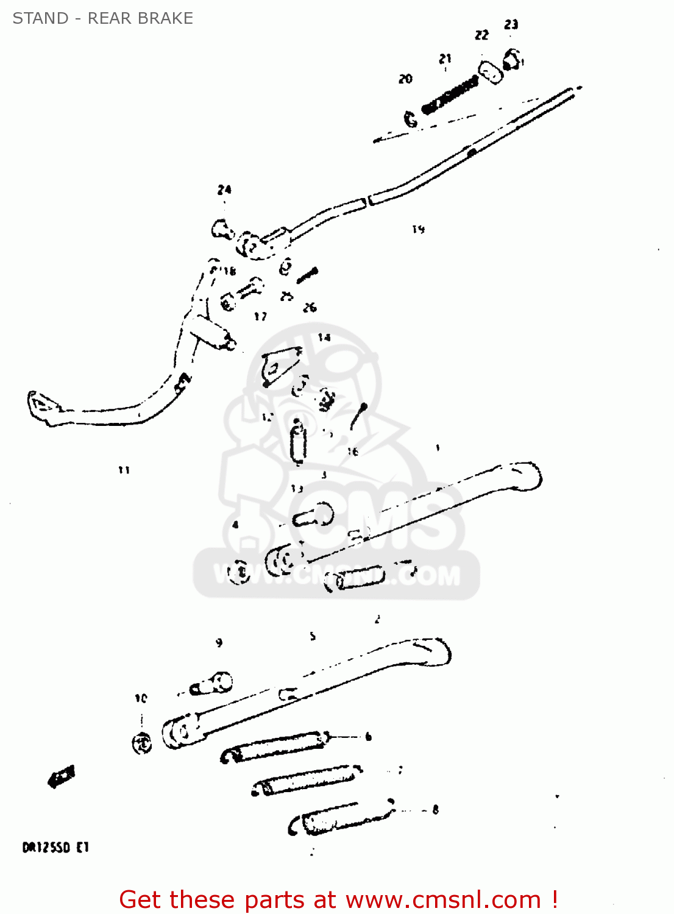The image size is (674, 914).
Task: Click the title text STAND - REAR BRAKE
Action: [x=102, y=18]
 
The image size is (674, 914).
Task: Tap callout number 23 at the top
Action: [x=511, y=24]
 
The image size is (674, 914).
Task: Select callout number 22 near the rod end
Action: [x=481, y=35]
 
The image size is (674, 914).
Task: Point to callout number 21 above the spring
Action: [x=445, y=58]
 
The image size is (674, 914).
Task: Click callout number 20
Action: [x=405, y=79]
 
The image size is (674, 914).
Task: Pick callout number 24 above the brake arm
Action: [x=224, y=190]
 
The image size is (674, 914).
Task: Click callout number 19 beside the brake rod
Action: [x=418, y=229]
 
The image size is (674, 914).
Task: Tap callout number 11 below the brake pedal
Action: [x=124, y=470]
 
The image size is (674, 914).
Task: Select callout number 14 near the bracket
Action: [x=324, y=337]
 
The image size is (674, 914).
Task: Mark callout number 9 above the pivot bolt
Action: [x=219, y=642]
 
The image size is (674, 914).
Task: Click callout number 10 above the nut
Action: [x=141, y=698]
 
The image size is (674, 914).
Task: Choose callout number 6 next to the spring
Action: [x=368, y=737]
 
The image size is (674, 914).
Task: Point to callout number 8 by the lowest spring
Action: [x=435, y=810]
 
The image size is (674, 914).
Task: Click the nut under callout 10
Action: [x=142, y=743]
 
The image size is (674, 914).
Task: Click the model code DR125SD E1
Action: [x=55, y=848]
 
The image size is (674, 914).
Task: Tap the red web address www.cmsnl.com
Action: [x=443, y=899]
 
